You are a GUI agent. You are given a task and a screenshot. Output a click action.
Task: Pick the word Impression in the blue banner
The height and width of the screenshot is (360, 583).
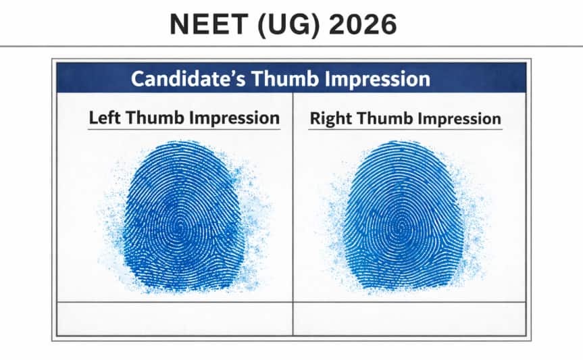click(x=379, y=78)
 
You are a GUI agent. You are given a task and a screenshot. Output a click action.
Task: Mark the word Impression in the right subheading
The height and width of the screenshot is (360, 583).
click(x=460, y=119)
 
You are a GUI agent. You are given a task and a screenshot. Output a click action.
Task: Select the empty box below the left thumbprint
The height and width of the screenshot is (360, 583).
click(x=174, y=317)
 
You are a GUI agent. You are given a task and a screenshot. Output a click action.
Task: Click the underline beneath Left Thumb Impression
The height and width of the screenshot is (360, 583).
click(x=184, y=129)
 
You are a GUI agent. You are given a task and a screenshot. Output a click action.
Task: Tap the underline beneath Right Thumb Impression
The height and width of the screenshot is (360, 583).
click(x=405, y=130)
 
